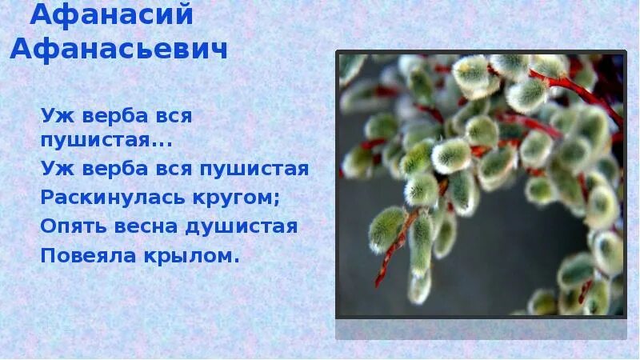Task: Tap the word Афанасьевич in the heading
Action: point(119,48)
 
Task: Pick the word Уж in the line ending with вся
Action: point(53,115)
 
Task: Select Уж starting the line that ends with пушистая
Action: point(53,169)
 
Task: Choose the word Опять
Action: point(70,226)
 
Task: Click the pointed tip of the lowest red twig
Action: point(377,285)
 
